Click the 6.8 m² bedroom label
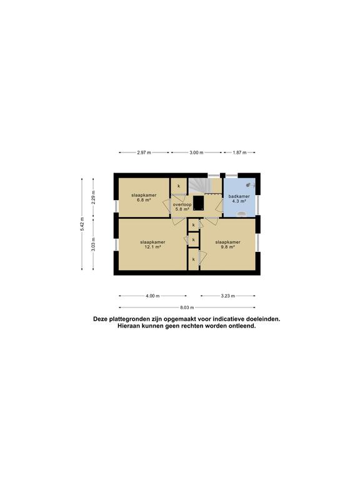point(144,197)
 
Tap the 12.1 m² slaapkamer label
point(152,244)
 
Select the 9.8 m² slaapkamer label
point(227,244)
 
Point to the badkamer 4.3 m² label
point(239,199)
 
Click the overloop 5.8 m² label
point(182,207)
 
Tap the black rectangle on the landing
point(199,203)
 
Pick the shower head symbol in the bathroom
point(250,184)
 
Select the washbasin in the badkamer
point(242,214)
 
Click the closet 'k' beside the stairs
point(179,186)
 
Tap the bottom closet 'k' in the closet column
point(194,259)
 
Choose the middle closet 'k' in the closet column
point(194,240)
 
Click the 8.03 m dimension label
point(187,307)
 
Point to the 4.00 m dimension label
point(152,296)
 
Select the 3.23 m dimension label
point(227,296)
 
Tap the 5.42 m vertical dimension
point(82,224)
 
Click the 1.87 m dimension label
point(239,152)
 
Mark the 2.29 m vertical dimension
point(93,197)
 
